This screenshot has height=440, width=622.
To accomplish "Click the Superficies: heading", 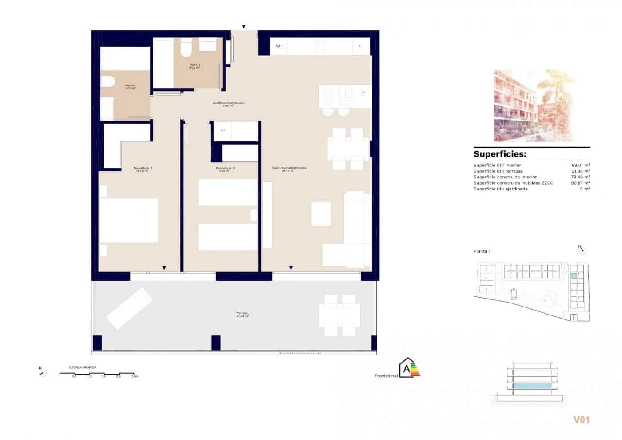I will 500,154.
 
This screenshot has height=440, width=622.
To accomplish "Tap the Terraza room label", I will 242,313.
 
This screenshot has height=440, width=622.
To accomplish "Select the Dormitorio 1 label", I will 143,169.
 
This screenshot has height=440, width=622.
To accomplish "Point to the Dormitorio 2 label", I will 225,169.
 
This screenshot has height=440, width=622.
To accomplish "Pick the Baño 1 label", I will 130,85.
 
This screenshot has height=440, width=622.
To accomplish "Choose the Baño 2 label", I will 195,65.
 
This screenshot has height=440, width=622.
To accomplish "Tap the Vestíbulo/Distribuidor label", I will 229,103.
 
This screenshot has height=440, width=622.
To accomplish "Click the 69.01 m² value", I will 580,165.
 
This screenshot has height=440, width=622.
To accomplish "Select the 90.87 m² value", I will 580,183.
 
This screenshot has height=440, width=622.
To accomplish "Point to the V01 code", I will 581,420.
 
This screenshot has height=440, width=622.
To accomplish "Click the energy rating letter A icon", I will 407,369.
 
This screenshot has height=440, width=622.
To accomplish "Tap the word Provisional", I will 386,376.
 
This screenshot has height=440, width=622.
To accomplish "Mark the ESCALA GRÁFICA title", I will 83,367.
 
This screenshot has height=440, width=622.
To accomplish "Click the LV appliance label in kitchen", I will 363,93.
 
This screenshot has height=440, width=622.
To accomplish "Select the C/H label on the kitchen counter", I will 279,46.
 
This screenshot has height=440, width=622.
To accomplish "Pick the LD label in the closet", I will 223,130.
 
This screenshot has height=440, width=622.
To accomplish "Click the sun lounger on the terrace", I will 129,308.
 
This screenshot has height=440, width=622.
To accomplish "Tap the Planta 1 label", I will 482,251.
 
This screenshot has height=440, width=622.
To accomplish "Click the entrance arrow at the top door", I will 243,27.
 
